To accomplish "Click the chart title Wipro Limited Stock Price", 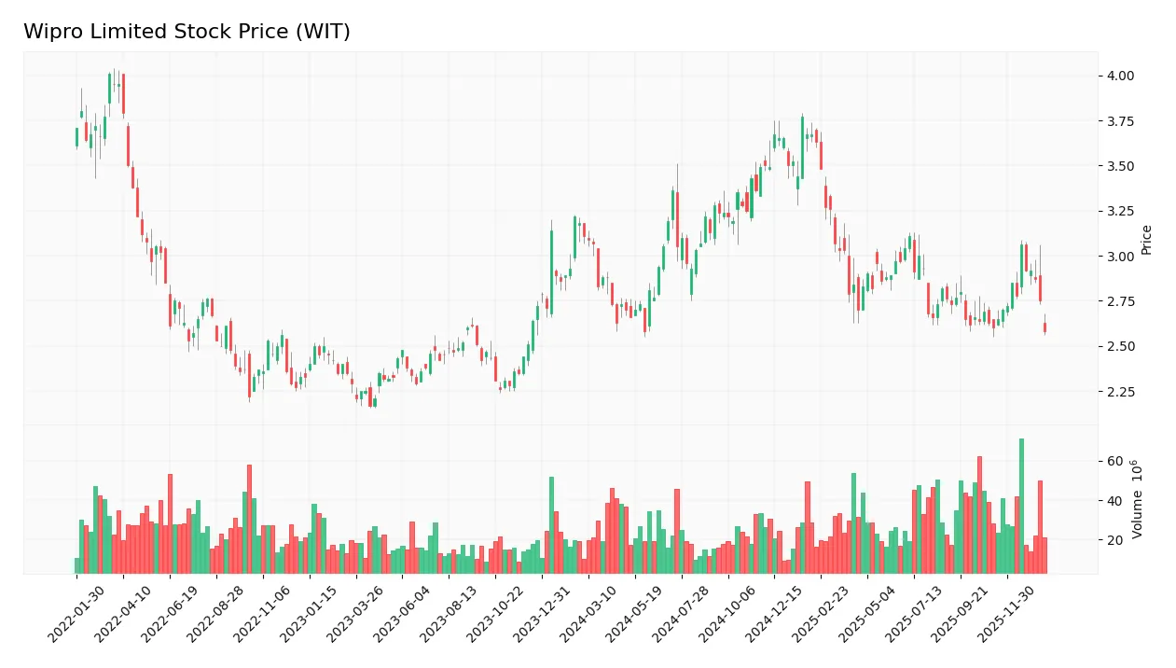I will [x=187, y=32].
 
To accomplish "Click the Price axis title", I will [x=1147, y=239].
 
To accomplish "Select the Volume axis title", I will [x=1137, y=499].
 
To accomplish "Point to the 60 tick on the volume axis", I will [x=1114, y=462].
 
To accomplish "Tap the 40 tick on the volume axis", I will [x=1114, y=501].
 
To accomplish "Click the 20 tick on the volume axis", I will [x=1114, y=540].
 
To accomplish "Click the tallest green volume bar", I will [x=1021, y=506].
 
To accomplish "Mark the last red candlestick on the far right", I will [x=1045, y=327].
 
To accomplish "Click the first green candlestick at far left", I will [x=76, y=137].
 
